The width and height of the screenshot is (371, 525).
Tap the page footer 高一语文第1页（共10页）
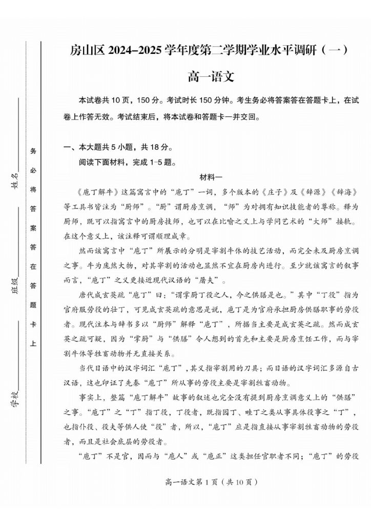211,482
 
